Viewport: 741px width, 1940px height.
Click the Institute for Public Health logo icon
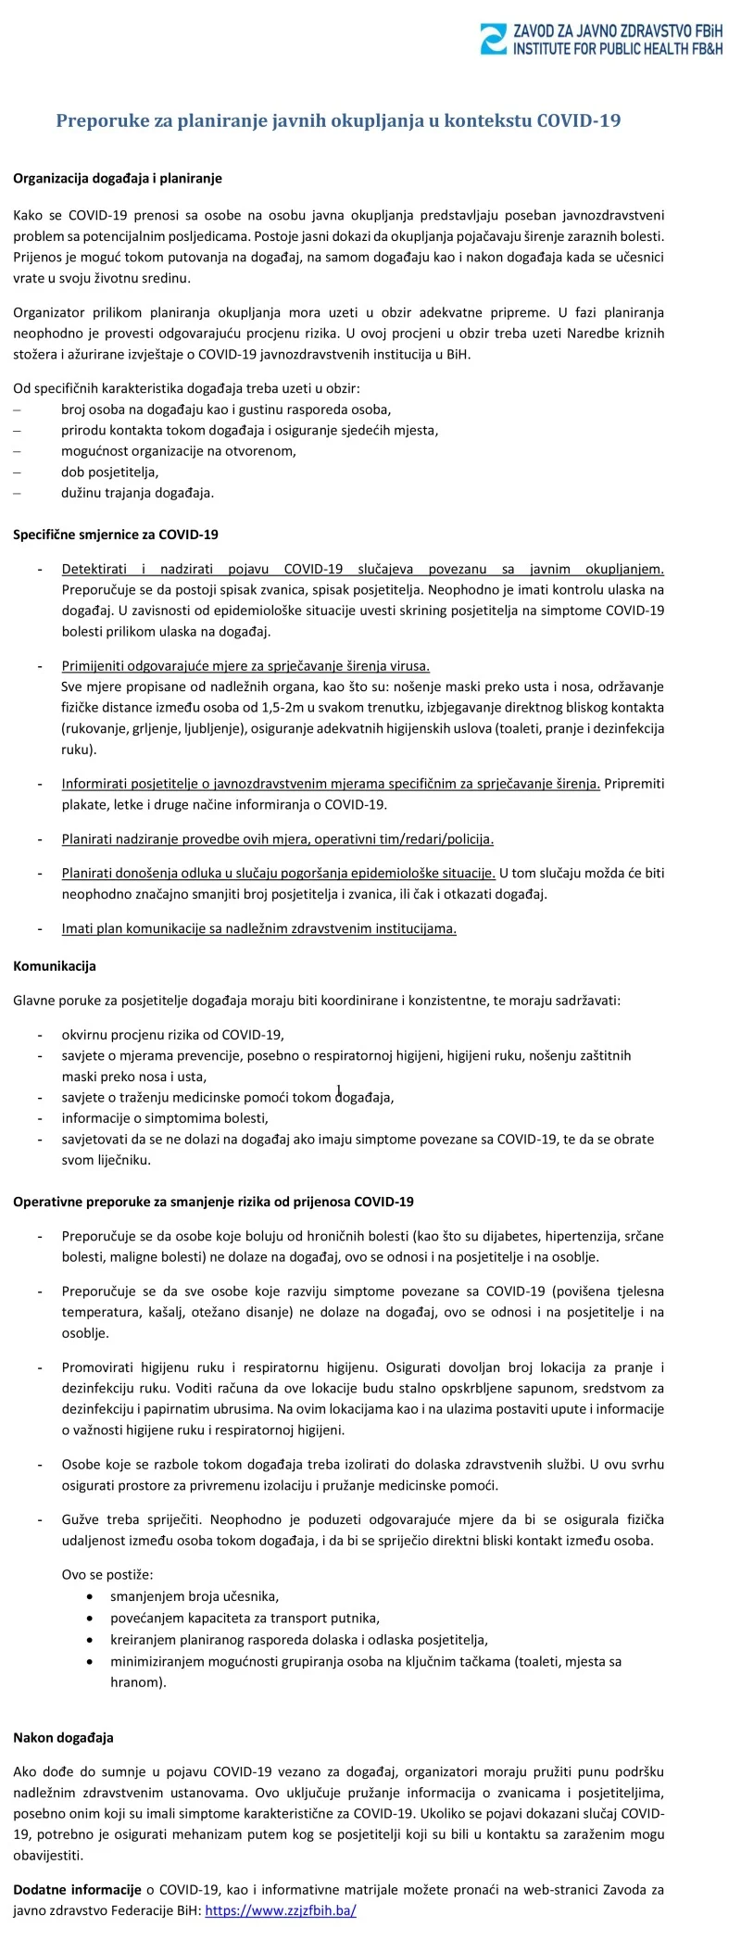(x=493, y=39)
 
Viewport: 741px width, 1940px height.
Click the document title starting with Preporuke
(x=338, y=120)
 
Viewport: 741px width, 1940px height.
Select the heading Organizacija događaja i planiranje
(x=118, y=178)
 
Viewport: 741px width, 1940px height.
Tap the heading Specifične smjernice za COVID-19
(x=116, y=535)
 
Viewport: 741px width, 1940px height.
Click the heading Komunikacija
(x=55, y=965)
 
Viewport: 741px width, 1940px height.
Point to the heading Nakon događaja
(x=63, y=1737)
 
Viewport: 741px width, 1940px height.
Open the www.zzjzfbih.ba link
(x=280, y=1910)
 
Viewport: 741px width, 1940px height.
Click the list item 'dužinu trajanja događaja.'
(x=137, y=493)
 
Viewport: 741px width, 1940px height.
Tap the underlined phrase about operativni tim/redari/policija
(x=278, y=839)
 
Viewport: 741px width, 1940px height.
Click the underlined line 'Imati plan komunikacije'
(x=259, y=928)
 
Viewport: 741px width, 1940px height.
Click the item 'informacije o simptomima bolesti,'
(x=165, y=1118)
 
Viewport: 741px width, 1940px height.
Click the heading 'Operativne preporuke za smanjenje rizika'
(x=213, y=1202)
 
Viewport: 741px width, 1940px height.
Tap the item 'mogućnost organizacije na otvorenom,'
(x=179, y=451)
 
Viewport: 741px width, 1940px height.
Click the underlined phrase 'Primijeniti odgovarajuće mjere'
(x=245, y=666)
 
